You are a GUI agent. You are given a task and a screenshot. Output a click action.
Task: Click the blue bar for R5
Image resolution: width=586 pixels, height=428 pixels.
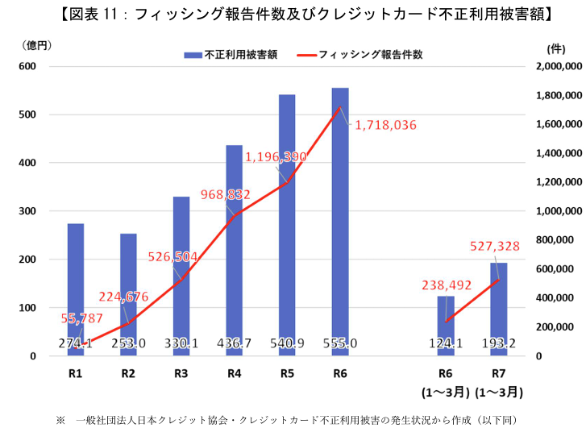pyautogui.click(x=287, y=226)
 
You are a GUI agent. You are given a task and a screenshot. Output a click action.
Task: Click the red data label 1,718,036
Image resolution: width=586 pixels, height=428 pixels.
pyautogui.click(x=385, y=125)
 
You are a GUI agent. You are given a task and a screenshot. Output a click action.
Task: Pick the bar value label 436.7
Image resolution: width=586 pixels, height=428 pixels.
pyautogui.click(x=235, y=344)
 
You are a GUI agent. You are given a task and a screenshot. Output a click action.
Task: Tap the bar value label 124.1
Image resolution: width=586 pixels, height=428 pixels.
pyautogui.click(x=446, y=344)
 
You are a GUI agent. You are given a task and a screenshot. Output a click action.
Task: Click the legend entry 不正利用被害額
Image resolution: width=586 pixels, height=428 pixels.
pyautogui.click(x=231, y=55)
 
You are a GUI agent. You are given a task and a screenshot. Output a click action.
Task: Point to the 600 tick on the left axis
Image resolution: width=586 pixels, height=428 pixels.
pyautogui.click(x=27, y=66)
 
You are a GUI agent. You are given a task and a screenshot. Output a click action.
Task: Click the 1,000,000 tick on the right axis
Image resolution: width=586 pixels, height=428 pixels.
pyautogui.click(x=556, y=211)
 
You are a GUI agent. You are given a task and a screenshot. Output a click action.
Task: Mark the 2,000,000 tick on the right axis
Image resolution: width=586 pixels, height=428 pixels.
pyautogui.click(x=556, y=66)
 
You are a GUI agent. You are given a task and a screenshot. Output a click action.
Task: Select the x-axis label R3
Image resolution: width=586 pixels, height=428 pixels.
pyautogui.click(x=181, y=374)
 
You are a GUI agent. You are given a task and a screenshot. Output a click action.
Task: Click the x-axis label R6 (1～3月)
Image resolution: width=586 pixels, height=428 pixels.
pyautogui.click(x=446, y=383)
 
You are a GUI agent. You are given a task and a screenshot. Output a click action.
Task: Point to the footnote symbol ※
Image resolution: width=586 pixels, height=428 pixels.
pyautogui.click(x=60, y=419)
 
